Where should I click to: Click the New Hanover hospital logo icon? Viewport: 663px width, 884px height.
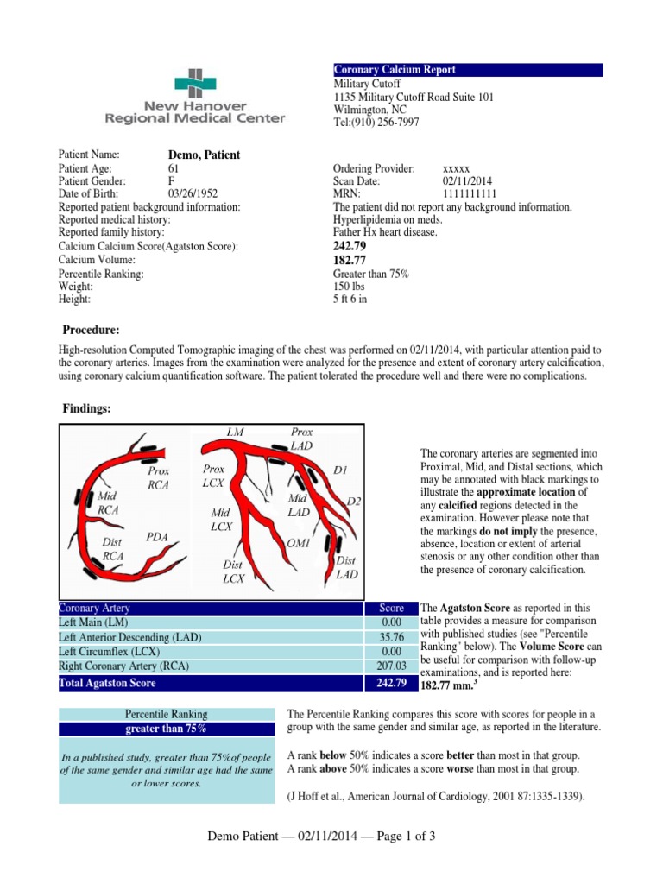pyautogui.click(x=194, y=84)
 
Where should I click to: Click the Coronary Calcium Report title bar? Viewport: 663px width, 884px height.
pyautogui.click(x=467, y=70)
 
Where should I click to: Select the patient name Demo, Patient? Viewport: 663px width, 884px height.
pyautogui.click(x=204, y=155)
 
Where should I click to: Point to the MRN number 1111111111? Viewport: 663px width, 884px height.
pyautogui.click(x=469, y=194)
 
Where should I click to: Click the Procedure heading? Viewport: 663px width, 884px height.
pyautogui.click(x=91, y=331)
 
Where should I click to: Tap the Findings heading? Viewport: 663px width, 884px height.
pyautogui.click(x=87, y=408)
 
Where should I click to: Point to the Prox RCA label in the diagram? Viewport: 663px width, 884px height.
pyautogui.click(x=159, y=477)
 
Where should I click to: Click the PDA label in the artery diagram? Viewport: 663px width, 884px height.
pyautogui.click(x=156, y=536)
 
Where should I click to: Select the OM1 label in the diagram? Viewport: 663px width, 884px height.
pyautogui.click(x=297, y=545)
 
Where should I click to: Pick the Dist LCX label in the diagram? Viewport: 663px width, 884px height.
pyautogui.click(x=233, y=571)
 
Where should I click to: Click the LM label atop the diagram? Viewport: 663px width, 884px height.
pyautogui.click(x=235, y=430)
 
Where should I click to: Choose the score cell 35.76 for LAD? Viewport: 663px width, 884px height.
pyautogui.click(x=391, y=637)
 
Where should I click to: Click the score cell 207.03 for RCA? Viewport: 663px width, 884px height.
pyautogui.click(x=391, y=666)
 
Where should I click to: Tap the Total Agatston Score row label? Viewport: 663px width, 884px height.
pyautogui.click(x=108, y=683)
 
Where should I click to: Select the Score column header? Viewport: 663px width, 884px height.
pyautogui.click(x=391, y=608)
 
